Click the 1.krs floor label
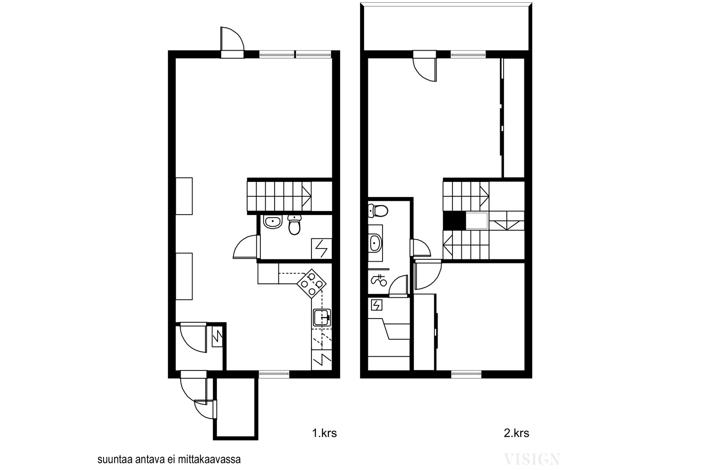point(324,433)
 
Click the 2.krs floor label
point(516,433)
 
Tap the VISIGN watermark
point(532,459)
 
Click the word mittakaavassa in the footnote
point(209,459)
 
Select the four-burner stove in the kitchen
point(311,284)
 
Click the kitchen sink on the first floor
point(322,318)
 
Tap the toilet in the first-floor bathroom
point(294,225)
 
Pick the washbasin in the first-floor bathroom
point(273,222)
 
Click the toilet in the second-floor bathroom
point(378,211)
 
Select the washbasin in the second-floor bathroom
point(375,243)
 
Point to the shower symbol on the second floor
point(379,280)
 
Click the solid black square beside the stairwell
point(454,221)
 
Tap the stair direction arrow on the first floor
point(307,195)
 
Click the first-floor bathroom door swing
point(245,247)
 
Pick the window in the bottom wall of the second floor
point(467,374)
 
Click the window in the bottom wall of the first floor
point(274,374)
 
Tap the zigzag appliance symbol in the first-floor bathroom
point(321,248)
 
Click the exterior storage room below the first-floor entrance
point(235,407)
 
